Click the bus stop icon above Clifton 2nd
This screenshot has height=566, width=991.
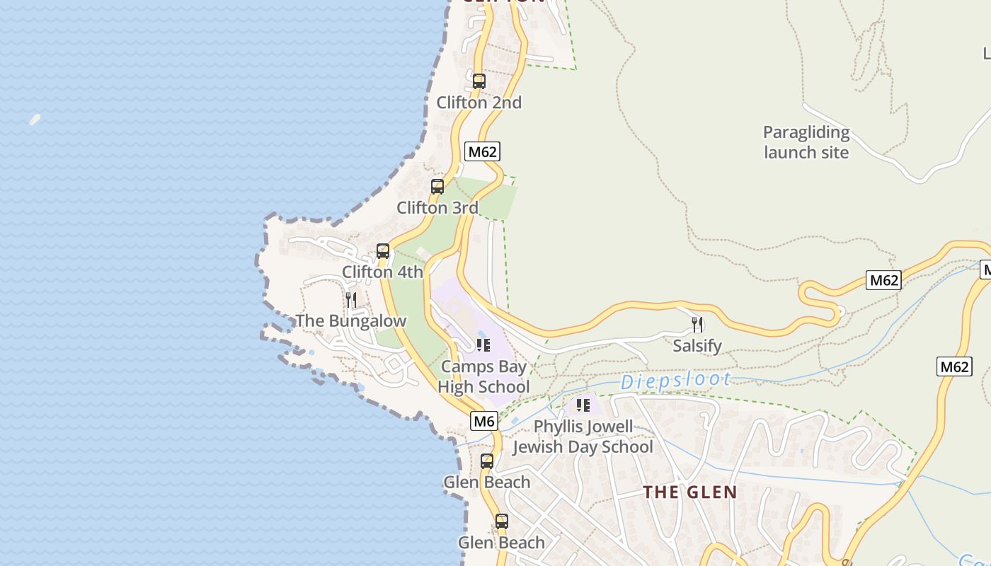pos(479,81)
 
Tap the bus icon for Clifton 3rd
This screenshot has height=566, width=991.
pos(437,187)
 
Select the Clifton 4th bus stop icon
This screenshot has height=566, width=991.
pos(383,251)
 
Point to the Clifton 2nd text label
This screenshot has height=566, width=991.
pos(479,103)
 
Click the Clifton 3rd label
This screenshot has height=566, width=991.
pos(437,208)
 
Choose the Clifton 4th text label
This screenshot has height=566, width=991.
pos(382,272)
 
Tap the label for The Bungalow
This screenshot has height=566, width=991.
pos(351,320)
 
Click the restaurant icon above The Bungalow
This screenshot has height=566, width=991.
pos(350,300)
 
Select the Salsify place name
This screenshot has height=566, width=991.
pos(697,346)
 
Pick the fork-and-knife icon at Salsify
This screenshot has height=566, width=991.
pos(697,325)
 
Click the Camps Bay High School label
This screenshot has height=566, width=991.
pos(483,376)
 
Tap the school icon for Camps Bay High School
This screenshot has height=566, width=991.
pos(483,345)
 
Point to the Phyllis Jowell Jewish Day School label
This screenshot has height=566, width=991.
pos(583,437)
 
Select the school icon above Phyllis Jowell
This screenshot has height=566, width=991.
pos(583,405)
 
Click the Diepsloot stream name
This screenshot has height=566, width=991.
pos(675,381)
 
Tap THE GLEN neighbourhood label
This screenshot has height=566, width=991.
pos(689,492)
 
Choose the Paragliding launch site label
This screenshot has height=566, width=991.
pos(806,142)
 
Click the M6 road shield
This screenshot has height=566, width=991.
pos(484,422)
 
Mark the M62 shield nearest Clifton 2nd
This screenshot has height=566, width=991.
pos(483,151)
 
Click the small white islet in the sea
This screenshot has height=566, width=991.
pos(35,120)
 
